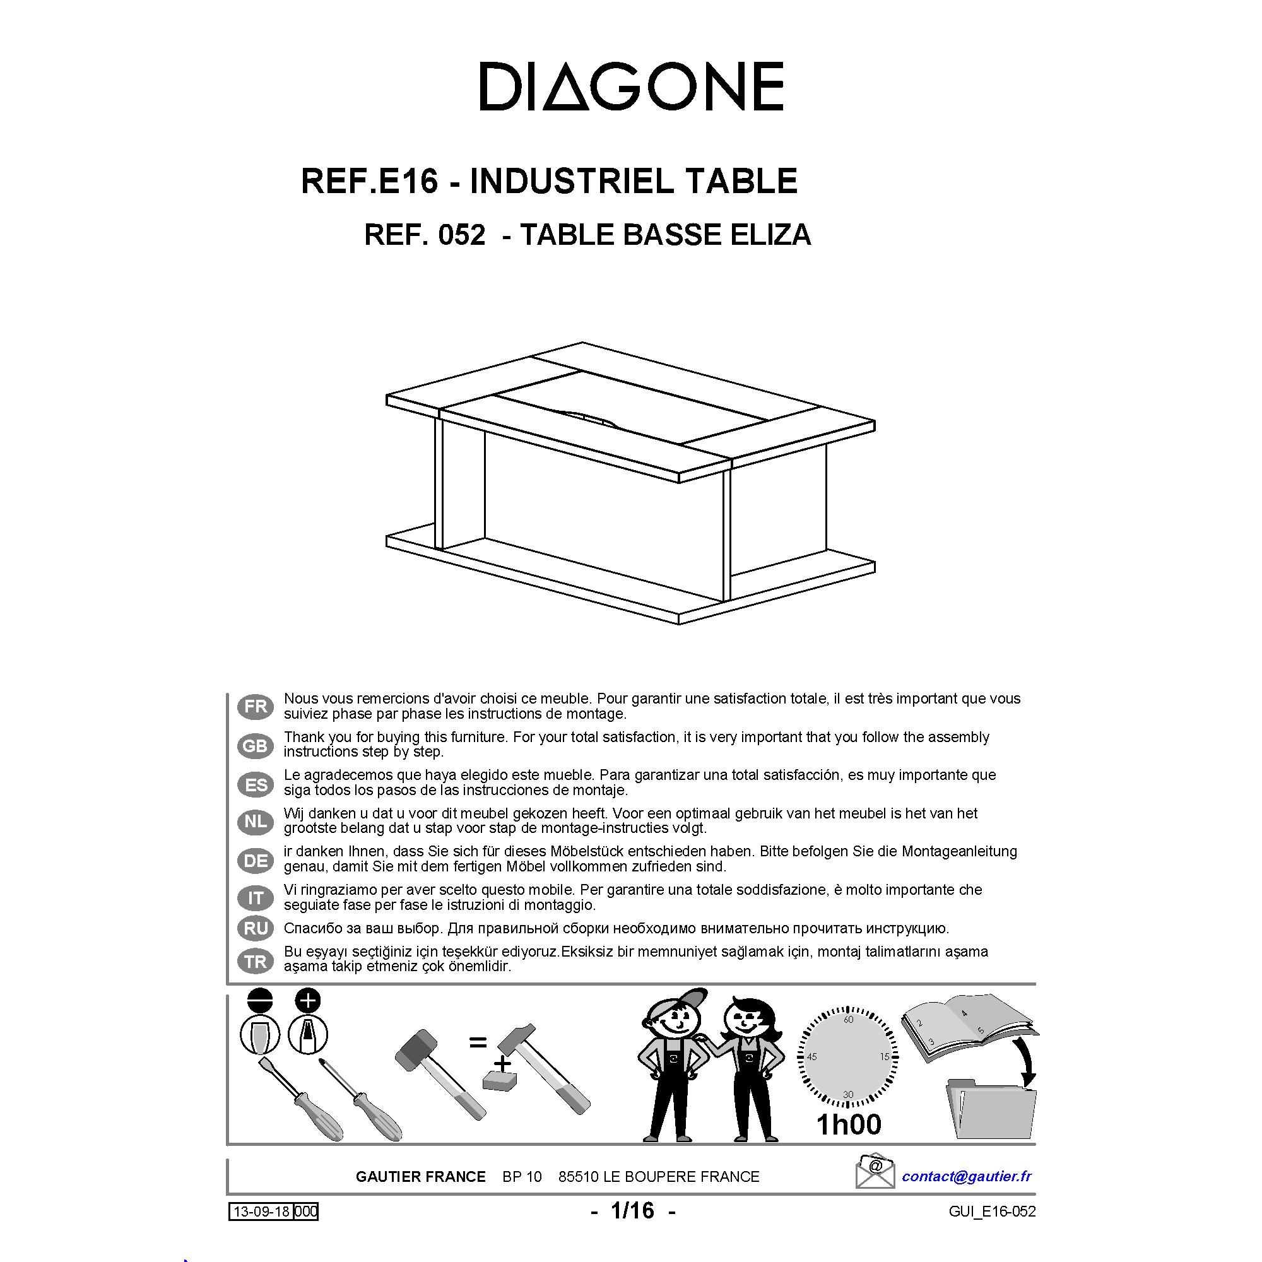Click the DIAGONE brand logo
coord(631,87)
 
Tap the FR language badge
coord(256,706)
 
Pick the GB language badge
coord(256,745)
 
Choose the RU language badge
coord(256,928)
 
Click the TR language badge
coord(256,961)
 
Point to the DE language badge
coord(256,860)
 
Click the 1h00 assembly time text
coord(849,1124)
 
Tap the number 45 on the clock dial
coord(812,1056)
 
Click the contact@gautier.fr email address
coord(966,1176)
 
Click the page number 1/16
coord(632,1210)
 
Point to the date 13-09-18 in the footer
coord(261,1212)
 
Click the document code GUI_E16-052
coord(992,1212)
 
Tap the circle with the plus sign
coord(309,1000)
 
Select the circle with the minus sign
coord(260,1000)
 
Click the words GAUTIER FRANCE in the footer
coord(421,1176)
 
